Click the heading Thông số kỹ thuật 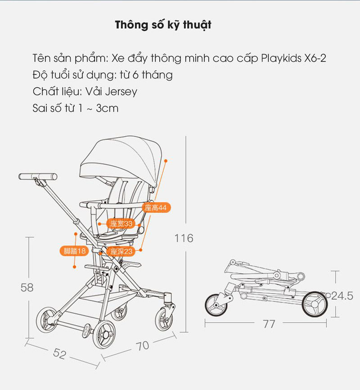[163, 25]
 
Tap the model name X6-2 [315, 58]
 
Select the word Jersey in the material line [121, 92]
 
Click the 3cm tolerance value [107, 108]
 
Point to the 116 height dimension [184, 238]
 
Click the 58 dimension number [27, 287]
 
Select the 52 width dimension [60, 354]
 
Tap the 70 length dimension [143, 346]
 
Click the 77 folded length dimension [269, 324]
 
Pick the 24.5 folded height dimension [342, 296]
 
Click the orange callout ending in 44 [156, 208]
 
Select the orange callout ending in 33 [121, 223]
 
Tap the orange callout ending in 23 [121, 251]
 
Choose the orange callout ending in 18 [74, 251]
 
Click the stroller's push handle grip [38, 177]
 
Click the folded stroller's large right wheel [315, 304]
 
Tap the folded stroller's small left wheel [216, 305]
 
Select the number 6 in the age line [135, 75]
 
